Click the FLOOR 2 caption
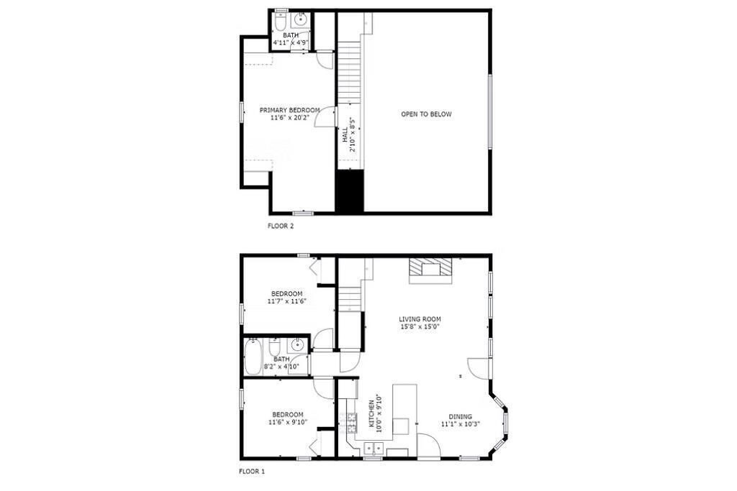281,226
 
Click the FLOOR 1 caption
252,472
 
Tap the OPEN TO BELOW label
426,114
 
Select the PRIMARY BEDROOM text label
289,110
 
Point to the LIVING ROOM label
420,319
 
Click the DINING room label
460,416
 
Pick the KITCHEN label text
371,413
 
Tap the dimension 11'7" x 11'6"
286,301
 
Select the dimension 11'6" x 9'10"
288,422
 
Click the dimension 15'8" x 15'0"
420,326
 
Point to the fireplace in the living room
431,271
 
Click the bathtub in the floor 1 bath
253,357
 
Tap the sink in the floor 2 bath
300,19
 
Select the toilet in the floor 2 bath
281,20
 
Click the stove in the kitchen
351,422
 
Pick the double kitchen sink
374,449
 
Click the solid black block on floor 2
349,191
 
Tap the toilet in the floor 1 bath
275,347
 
